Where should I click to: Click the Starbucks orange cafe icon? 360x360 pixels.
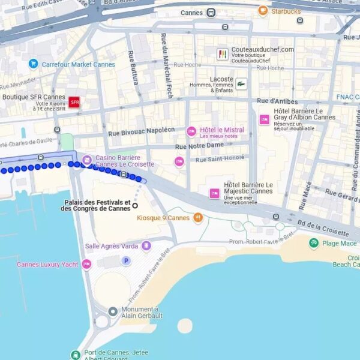pos(263,11)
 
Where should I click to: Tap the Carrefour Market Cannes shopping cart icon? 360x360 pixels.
pos(33,64)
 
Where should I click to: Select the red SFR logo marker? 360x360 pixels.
pos(74,103)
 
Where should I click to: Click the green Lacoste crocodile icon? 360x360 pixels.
pos(241,83)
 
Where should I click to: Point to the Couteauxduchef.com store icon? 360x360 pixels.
pos(223,54)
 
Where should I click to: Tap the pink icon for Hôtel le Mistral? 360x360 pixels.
pos(191,131)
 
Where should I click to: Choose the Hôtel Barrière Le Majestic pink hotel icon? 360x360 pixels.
pos(214,193)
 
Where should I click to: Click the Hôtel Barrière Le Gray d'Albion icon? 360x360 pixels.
pos(264,119)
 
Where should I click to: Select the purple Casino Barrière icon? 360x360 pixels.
pos(87,160)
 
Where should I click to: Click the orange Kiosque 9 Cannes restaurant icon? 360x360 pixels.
pos(198,218)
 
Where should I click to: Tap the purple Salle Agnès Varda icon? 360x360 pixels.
pos(146,246)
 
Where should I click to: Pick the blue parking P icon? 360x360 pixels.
pos(126,260)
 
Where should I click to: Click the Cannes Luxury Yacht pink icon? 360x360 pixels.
pos(86,264)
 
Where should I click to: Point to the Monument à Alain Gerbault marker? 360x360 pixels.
pos(113,311)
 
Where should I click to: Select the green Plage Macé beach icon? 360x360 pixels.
pos(313,243)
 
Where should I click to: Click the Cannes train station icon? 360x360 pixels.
pos(211,13)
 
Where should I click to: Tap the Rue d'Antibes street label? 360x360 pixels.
pos(277,101)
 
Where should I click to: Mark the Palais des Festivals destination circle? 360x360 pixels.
pos(135,205)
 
